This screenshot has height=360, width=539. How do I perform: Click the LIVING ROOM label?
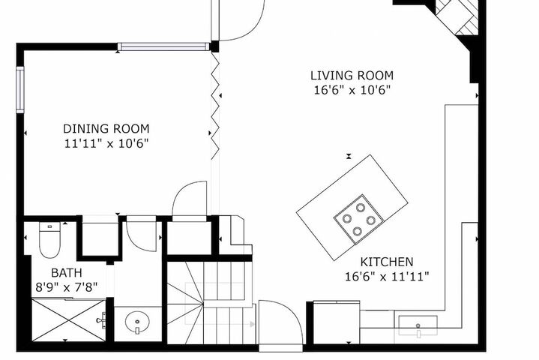pyautogui.click(x=352, y=75)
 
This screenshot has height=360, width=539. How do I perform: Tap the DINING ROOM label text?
pyautogui.click(x=106, y=128)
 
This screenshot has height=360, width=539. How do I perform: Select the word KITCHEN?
pyautogui.click(x=387, y=262)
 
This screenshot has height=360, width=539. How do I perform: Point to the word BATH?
pyautogui.click(x=67, y=273)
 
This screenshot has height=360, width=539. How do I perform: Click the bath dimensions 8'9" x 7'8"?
pyautogui.click(x=67, y=287)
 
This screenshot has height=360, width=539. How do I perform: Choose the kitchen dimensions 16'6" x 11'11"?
pyautogui.click(x=387, y=277)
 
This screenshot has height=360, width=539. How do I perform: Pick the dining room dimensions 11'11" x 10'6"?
pyautogui.click(x=106, y=143)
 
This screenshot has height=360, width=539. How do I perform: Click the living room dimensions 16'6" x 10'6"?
pyautogui.click(x=352, y=90)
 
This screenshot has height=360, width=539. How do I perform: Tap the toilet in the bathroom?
pyautogui.click(x=49, y=240)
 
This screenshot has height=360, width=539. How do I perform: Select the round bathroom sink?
pyautogui.click(x=137, y=322)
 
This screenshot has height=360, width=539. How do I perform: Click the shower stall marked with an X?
pyautogui.click(x=69, y=320)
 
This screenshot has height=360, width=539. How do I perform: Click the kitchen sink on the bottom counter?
pyautogui.click(x=418, y=325)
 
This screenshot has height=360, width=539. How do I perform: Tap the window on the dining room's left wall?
pyautogui.click(x=20, y=90)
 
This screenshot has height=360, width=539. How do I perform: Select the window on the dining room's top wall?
pyautogui.click(x=163, y=46)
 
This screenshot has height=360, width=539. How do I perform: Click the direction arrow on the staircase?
pyautogui.click(x=253, y=324)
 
